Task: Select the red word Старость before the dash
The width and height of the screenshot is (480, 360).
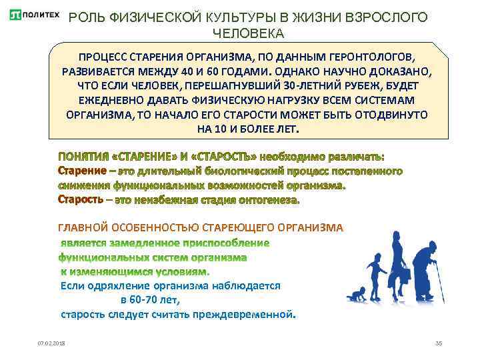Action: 81,199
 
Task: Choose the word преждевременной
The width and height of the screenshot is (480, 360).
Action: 253,313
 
